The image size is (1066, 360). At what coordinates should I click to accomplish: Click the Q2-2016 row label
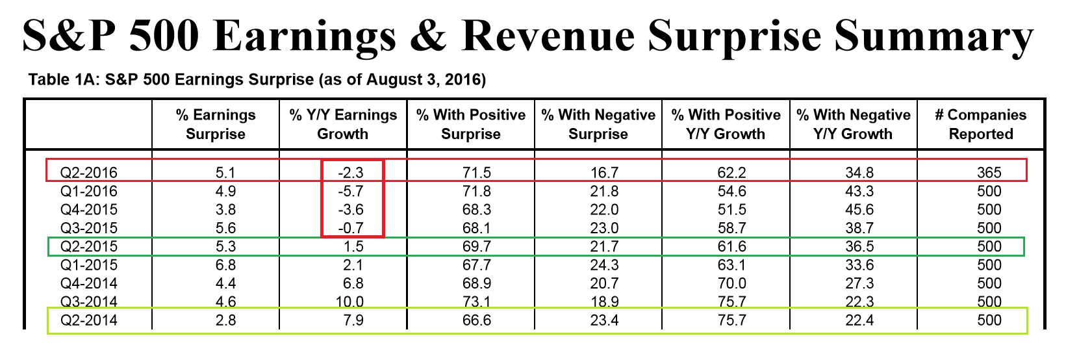[x=89, y=173]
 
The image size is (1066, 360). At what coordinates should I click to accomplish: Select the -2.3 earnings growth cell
[x=351, y=173]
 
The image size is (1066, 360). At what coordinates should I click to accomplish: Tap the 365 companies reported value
[x=989, y=173]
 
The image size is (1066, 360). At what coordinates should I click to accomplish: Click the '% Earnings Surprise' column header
[x=216, y=124]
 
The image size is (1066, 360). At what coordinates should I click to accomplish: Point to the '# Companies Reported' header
[x=980, y=124]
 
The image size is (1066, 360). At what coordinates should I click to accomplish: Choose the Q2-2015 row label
[x=89, y=246]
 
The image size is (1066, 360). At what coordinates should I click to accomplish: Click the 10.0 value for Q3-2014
[x=350, y=302]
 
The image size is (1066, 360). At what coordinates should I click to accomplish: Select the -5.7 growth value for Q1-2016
[x=351, y=191]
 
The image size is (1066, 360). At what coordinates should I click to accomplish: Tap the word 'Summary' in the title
[x=933, y=35]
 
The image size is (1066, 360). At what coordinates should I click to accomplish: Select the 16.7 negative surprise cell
[x=604, y=173]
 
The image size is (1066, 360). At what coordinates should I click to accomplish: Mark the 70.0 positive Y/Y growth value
[x=731, y=283]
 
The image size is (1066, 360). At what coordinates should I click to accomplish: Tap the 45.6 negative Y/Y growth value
[x=859, y=210]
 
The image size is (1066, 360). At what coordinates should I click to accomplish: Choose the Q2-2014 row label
[x=89, y=320]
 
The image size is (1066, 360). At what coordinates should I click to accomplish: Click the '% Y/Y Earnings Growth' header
[x=343, y=124]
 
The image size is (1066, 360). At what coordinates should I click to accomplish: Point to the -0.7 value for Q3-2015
[x=351, y=228]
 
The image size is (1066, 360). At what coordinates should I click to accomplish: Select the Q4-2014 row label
[x=89, y=283]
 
